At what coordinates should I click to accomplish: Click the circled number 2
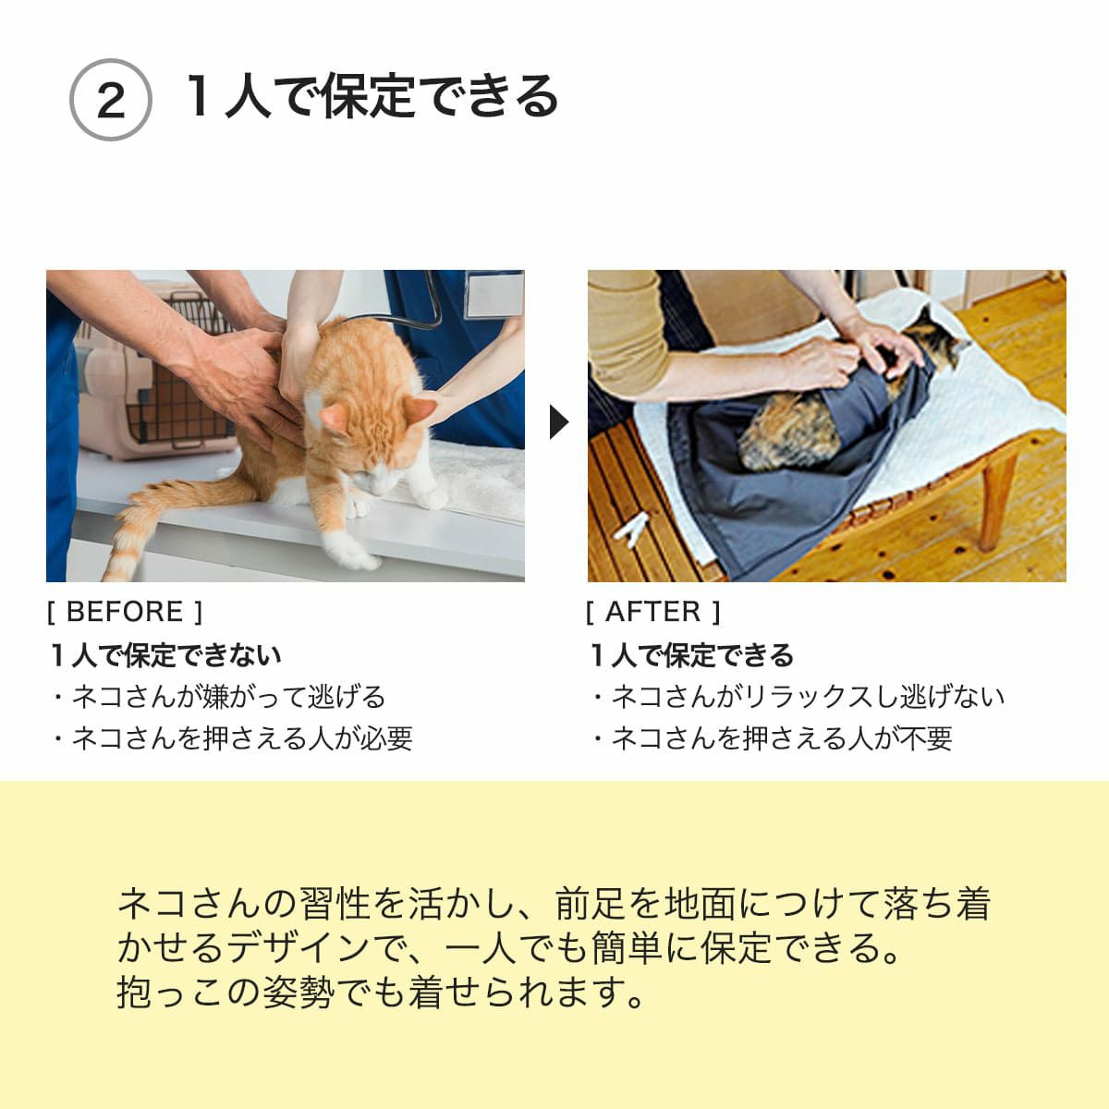click(110, 100)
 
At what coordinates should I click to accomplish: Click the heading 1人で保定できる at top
click(372, 96)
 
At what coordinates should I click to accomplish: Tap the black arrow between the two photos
click(557, 423)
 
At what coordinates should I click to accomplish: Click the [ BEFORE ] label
click(125, 612)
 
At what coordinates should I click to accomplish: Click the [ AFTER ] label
click(652, 612)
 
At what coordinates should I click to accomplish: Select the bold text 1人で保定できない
click(165, 655)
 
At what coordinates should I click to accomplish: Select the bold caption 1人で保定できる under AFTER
click(691, 655)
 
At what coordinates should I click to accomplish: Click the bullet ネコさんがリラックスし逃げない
click(798, 697)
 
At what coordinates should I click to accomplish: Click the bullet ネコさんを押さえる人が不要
click(771, 738)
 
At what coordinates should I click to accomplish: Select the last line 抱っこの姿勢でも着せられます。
click(381, 993)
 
